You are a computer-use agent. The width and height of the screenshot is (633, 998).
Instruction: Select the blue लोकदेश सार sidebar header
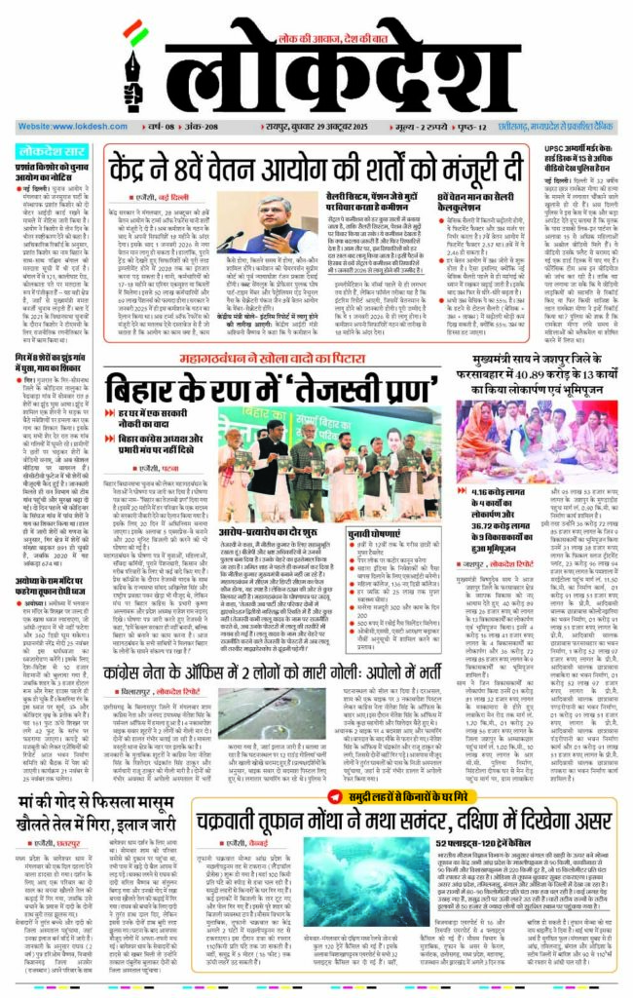(x=54, y=151)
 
